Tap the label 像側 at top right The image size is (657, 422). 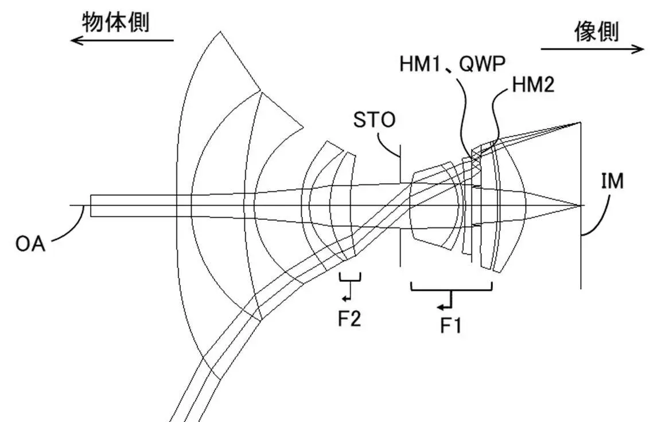[597, 33]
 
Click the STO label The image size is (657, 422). [374, 121]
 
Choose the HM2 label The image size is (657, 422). [533, 86]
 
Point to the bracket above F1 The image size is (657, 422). [451, 289]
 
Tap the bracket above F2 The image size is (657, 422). [350, 279]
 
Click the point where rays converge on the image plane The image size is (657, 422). [581, 205]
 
